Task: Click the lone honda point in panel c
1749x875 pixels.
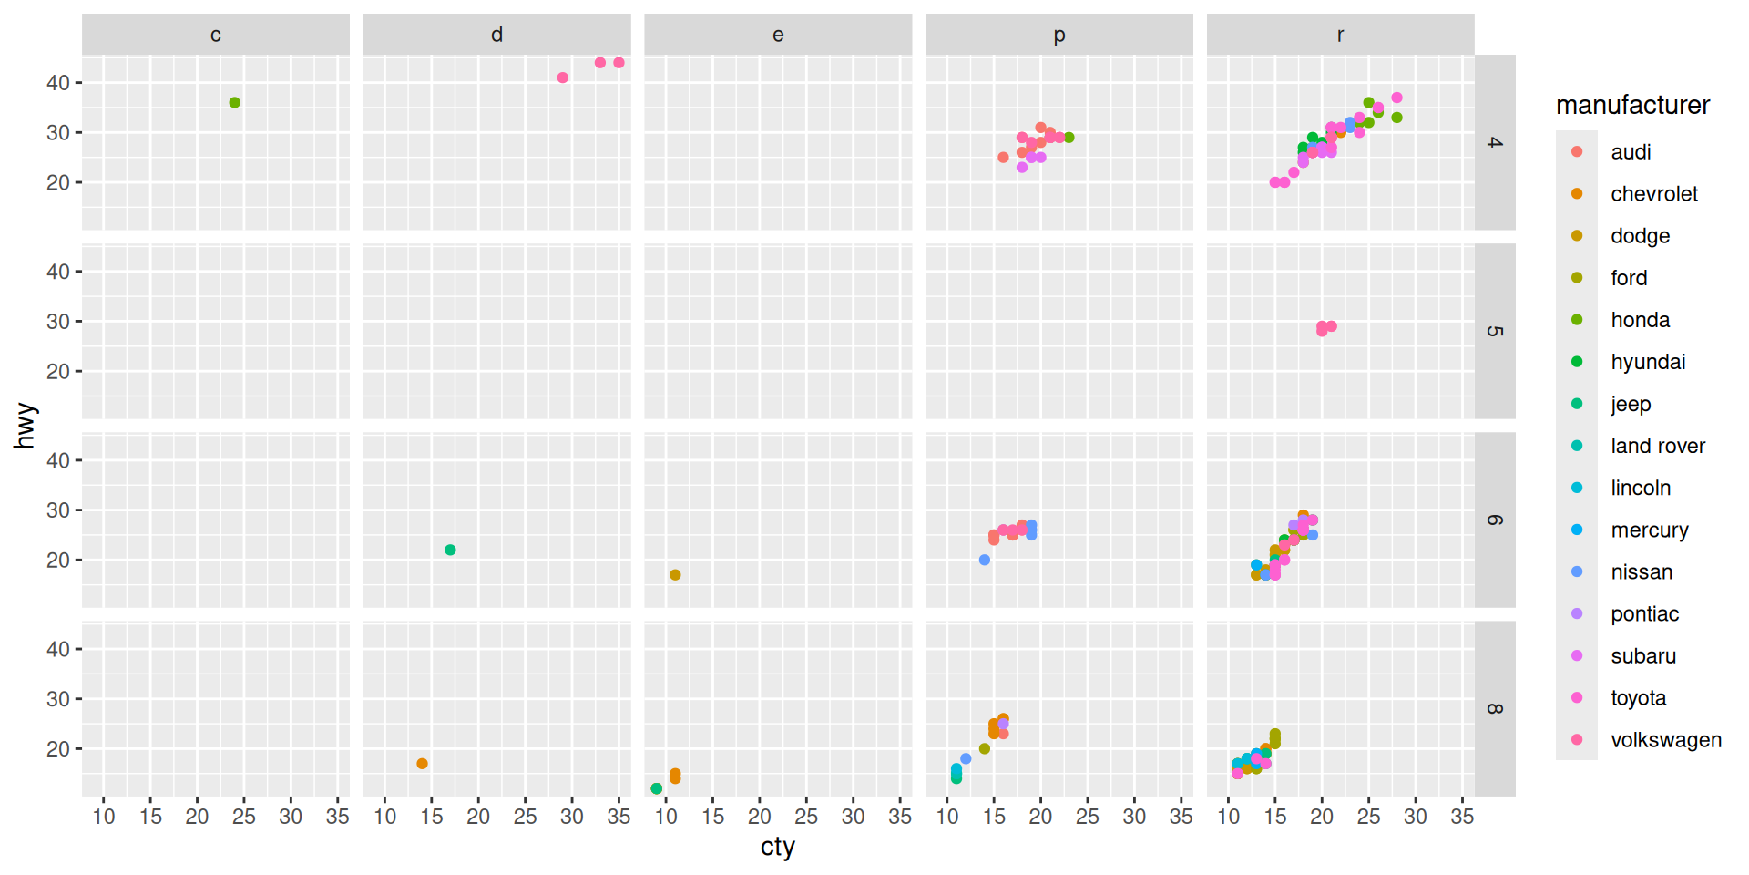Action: click(x=234, y=103)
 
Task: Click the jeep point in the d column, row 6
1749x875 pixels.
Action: click(x=450, y=551)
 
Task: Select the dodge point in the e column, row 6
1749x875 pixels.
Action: click(x=675, y=575)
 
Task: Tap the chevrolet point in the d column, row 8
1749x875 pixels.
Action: click(x=422, y=764)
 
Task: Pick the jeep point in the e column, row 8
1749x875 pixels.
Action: click(x=657, y=788)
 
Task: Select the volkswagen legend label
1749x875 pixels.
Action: click(x=1665, y=740)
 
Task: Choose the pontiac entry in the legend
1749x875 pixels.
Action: click(x=1643, y=614)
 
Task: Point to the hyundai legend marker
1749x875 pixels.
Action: click(x=1577, y=362)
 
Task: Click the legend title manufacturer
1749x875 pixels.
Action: click(x=1632, y=106)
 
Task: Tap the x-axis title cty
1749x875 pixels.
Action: click(x=777, y=847)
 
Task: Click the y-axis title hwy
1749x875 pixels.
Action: click(x=25, y=426)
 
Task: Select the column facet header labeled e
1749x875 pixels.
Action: click(x=778, y=35)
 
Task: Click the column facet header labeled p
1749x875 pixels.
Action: click(x=1059, y=35)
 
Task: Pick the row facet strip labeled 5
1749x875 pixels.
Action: click(x=1494, y=331)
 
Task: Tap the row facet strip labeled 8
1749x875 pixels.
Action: click(x=1494, y=709)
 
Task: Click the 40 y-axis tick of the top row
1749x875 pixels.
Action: click(x=58, y=83)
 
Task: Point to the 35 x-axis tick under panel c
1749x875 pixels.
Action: click(x=337, y=817)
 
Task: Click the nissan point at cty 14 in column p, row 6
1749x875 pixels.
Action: click(x=985, y=560)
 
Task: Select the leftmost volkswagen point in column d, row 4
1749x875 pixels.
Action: click(x=563, y=77)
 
